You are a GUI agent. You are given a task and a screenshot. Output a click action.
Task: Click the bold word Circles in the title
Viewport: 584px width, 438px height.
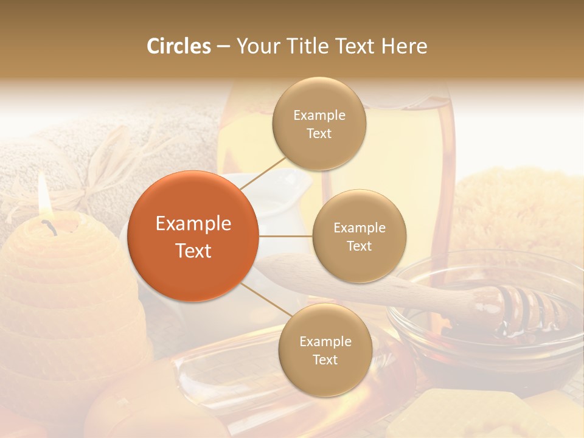tap(179, 46)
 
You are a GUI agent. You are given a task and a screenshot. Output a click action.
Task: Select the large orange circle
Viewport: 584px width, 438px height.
tap(193, 236)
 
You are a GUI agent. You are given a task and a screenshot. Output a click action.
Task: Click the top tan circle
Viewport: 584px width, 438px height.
tap(319, 123)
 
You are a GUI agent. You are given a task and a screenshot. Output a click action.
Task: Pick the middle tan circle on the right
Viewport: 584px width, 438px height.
tap(359, 236)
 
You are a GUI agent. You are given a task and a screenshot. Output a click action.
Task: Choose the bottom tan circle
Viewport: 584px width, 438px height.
tap(325, 350)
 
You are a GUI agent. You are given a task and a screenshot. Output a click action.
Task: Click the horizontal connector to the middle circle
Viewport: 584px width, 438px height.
tap(285, 236)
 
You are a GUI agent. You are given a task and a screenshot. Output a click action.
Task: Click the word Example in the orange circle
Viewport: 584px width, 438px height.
tap(193, 224)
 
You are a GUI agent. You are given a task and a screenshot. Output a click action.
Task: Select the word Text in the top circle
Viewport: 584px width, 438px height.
tap(319, 133)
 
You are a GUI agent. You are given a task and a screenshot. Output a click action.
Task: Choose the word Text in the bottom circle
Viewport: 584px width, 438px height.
tap(325, 360)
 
